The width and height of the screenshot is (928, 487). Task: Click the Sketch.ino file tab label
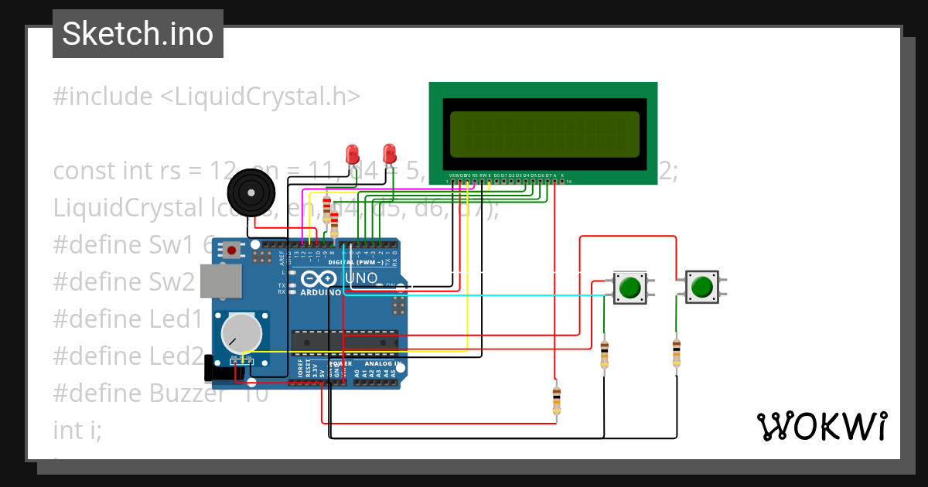(x=138, y=34)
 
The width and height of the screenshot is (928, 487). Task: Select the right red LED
(x=390, y=152)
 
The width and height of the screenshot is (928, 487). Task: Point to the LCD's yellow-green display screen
(x=544, y=131)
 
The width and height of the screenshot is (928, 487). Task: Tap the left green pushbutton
(x=629, y=287)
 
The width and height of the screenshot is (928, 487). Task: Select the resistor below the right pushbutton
(x=677, y=352)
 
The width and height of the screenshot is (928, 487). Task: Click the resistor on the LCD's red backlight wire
(x=556, y=400)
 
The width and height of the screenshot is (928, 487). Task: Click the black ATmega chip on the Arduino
(x=344, y=341)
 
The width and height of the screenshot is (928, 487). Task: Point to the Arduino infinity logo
(x=320, y=278)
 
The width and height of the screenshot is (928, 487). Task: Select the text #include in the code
(x=103, y=97)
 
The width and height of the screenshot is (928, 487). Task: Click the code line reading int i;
(x=77, y=429)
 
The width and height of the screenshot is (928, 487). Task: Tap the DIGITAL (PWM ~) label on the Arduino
(x=356, y=262)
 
